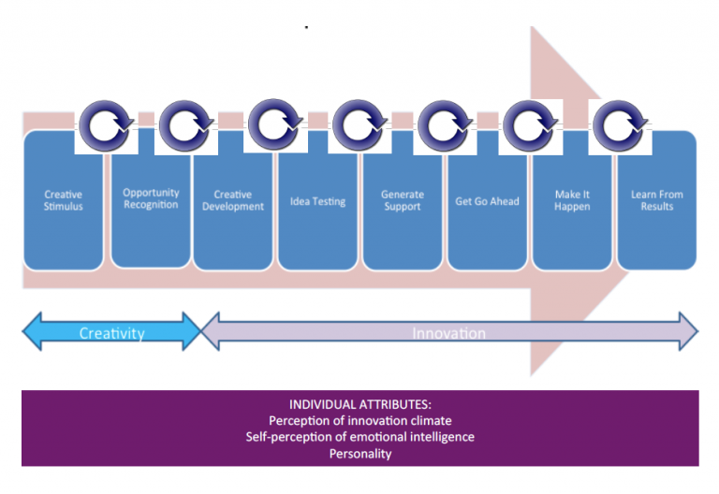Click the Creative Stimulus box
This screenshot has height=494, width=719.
point(64,200)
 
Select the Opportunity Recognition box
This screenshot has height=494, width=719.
point(151,200)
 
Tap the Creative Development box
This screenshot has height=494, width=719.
point(233,200)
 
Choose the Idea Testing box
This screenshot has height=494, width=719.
point(317,200)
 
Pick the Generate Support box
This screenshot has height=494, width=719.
point(403,200)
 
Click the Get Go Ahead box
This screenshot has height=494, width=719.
point(487,200)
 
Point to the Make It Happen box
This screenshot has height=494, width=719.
point(572,200)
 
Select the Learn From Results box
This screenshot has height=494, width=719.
point(657,200)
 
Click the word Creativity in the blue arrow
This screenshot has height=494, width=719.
point(111,333)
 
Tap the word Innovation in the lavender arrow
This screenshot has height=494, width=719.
point(449,333)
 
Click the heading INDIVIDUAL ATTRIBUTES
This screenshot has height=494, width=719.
point(359,405)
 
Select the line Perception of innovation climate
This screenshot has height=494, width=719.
point(359,421)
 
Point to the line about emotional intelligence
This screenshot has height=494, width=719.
point(359,437)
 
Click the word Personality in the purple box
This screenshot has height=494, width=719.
point(359,454)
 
